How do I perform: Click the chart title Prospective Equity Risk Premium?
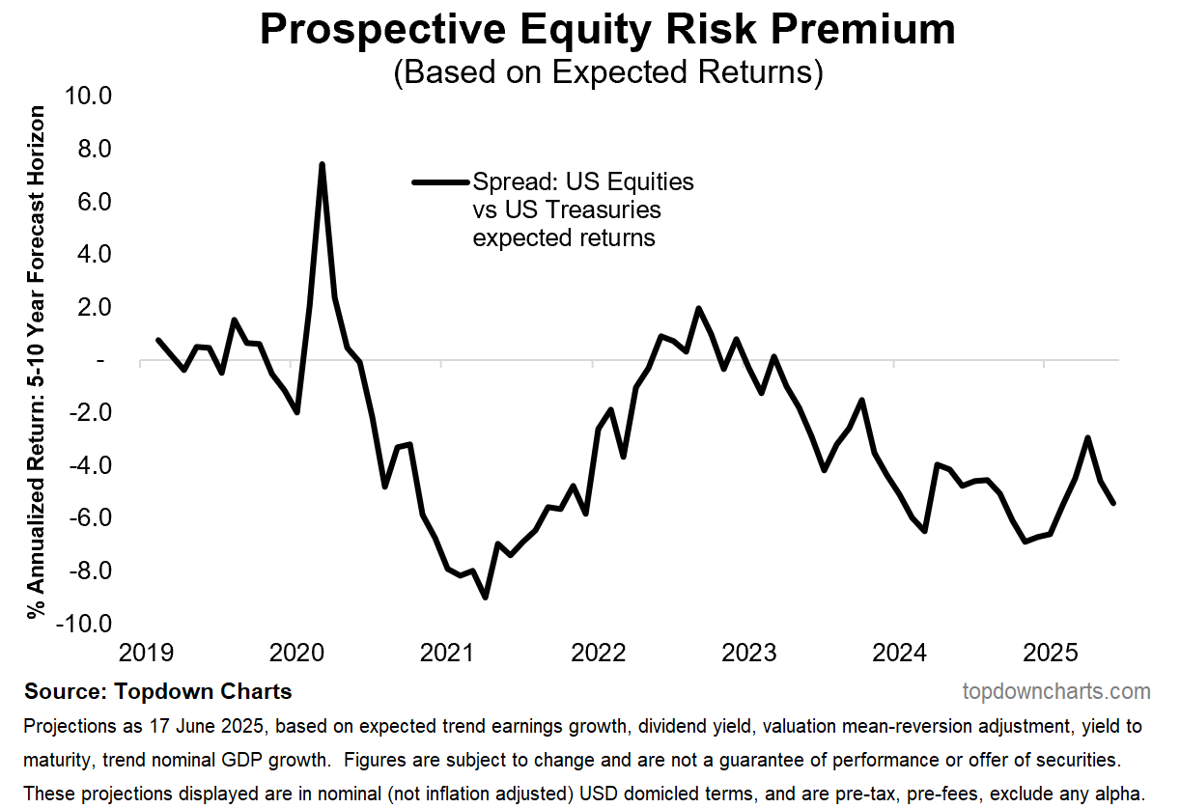pyautogui.click(x=607, y=31)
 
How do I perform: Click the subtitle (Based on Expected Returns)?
pyautogui.click(x=607, y=73)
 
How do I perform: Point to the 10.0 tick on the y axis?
pyautogui.click(x=87, y=97)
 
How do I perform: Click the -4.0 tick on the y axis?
pyautogui.click(x=89, y=465)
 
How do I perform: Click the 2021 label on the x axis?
pyautogui.click(x=447, y=654)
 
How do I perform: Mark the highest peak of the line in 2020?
pyautogui.click(x=322, y=164)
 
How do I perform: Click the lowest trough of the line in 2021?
pyautogui.click(x=485, y=598)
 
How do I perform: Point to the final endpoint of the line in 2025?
pyautogui.click(x=1114, y=503)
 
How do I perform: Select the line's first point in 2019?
pyautogui.click(x=157, y=340)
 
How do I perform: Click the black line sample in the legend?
pyautogui.click(x=439, y=181)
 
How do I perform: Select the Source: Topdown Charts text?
pyautogui.click(x=158, y=691)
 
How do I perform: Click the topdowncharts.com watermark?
pyautogui.click(x=1056, y=691)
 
